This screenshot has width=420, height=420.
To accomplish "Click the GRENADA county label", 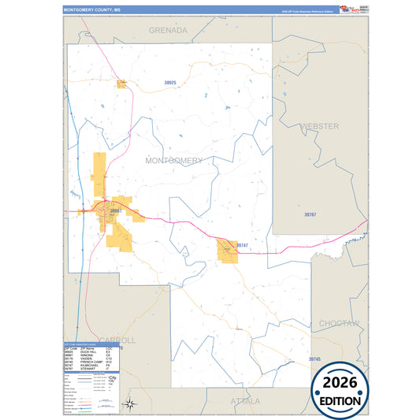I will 169,31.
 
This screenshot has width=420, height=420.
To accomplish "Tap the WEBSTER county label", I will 319,126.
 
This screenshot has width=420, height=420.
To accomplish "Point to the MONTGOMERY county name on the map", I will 173,161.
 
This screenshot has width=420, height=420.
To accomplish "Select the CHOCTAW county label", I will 339,323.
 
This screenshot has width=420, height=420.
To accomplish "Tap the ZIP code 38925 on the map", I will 170,82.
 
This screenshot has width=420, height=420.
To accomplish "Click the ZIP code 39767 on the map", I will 310,214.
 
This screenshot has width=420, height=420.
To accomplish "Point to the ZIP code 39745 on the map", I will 314,359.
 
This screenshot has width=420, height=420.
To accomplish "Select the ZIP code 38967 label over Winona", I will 117,211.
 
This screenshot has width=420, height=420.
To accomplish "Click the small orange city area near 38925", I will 122,84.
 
